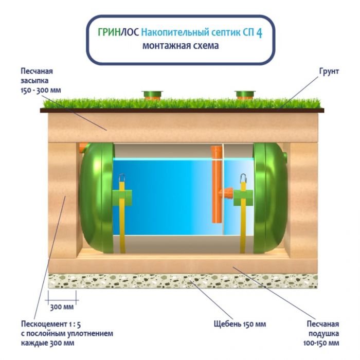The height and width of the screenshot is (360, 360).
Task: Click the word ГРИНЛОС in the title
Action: point(118,32)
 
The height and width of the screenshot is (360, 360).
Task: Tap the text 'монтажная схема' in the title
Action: point(180,46)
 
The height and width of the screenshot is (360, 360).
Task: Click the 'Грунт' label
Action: point(329,71)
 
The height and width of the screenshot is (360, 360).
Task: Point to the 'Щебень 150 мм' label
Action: point(240,325)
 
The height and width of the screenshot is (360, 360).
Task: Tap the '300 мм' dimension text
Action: point(61,308)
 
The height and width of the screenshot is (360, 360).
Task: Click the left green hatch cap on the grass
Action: point(152,95)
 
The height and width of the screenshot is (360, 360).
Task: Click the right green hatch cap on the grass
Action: point(245,95)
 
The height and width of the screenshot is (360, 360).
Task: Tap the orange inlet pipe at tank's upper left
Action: point(82,148)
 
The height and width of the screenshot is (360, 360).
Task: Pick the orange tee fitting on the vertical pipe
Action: point(226,194)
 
